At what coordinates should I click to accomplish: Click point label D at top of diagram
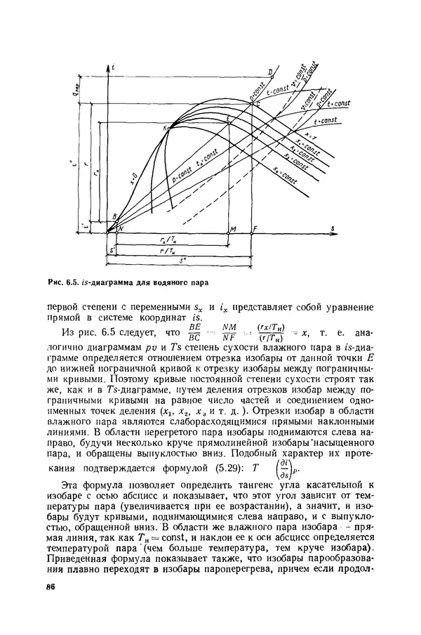pyautogui.click(x=270, y=72)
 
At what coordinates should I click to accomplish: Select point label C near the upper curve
pyautogui.click(x=256, y=103)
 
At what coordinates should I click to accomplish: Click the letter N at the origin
pyautogui.click(x=120, y=230)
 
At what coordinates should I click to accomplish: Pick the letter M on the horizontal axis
pyautogui.click(x=233, y=230)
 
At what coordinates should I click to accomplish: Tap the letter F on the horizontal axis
pyautogui.click(x=255, y=230)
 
